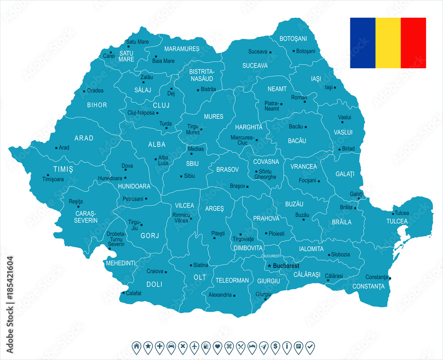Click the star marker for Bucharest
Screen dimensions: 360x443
tap(268, 266)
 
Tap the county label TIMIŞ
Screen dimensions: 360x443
tap(63, 169)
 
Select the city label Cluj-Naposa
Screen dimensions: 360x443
tap(141, 113)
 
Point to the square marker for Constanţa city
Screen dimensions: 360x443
tap(390, 278)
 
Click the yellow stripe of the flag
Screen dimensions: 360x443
tap(388, 43)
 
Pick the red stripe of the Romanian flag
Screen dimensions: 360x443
tap(413, 43)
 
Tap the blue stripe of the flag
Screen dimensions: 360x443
tap(362, 43)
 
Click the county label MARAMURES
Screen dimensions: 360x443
tap(182, 49)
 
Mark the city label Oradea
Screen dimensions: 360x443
tap(95, 91)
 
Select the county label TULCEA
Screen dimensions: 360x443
tap(397, 221)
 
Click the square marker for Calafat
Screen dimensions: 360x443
tap(123, 293)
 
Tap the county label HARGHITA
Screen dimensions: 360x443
tap(249, 127)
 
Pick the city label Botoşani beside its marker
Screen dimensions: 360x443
tap(305, 51)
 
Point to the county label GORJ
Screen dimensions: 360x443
tap(149, 236)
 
